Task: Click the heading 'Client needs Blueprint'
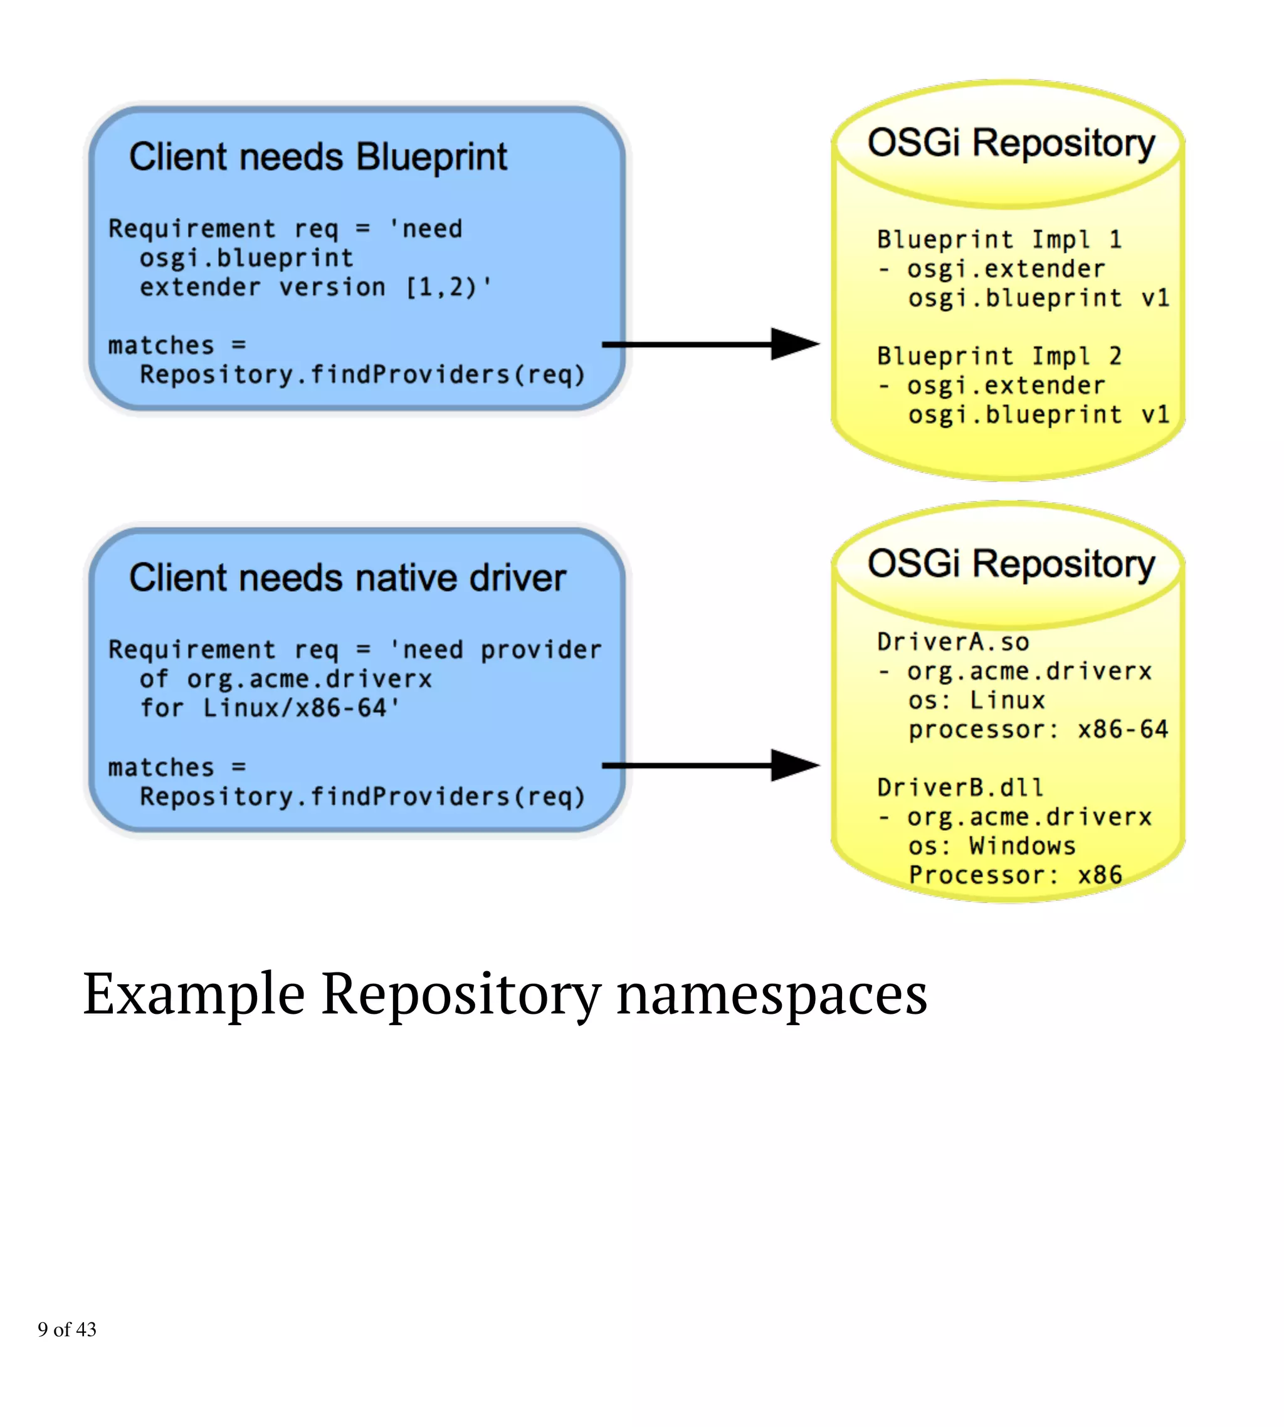coord(317,157)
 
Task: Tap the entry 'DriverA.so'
coord(952,642)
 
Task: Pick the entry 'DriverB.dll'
coord(959,787)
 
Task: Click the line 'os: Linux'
coord(976,700)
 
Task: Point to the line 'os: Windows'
coord(991,846)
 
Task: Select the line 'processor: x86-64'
coord(1038,729)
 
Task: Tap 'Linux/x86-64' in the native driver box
coord(295,707)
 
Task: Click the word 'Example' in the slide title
coord(194,994)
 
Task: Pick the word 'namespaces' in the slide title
coord(772,994)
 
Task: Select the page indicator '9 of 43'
coord(67,1330)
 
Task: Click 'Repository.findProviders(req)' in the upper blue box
coord(362,374)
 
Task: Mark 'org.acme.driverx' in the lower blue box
coord(309,678)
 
